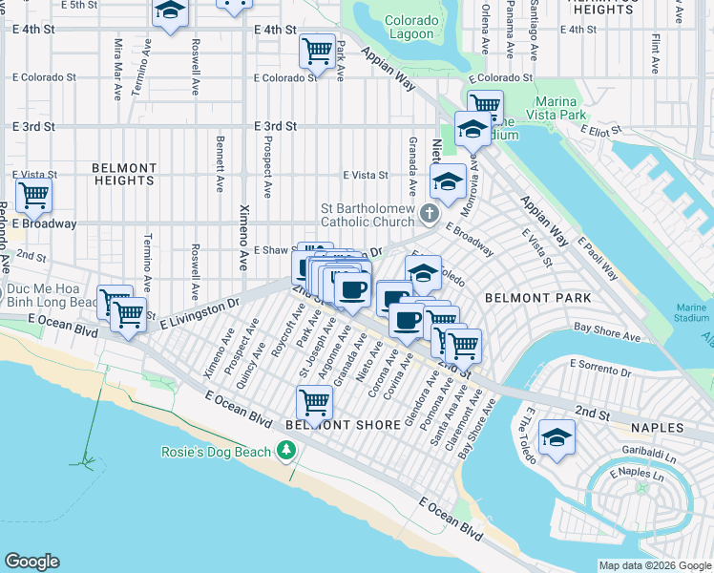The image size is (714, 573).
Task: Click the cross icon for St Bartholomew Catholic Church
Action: (x=430, y=213)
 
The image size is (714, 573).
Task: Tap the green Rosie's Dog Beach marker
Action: (x=284, y=450)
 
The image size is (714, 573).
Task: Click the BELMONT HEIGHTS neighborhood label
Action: (x=124, y=174)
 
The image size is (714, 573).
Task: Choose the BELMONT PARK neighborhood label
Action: (x=537, y=298)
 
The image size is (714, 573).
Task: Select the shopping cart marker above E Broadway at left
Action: (x=33, y=195)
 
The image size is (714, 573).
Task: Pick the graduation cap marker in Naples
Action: (x=556, y=436)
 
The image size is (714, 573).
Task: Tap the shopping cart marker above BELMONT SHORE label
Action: (x=314, y=401)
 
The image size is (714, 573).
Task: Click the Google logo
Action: (x=31, y=562)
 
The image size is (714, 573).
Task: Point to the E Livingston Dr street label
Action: (x=198, y=313)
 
